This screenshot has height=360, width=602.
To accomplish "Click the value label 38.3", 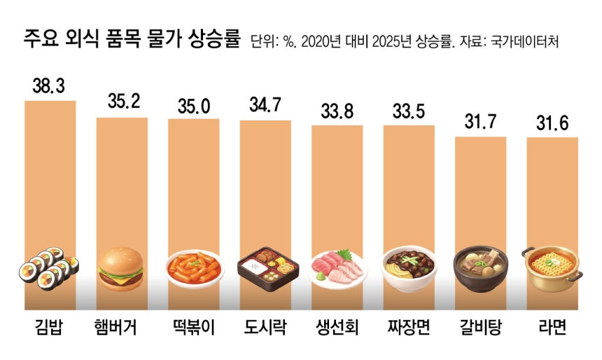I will [x=50, y=87].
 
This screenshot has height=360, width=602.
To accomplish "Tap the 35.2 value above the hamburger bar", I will [x=122, y=104].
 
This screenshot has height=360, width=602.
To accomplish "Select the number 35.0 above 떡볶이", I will [x=193, y=105].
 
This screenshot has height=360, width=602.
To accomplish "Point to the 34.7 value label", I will [x=265, y=106].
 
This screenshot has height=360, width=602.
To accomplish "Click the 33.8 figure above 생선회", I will [x=337, y=111].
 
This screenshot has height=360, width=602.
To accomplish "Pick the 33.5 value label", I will [x=409, y=112].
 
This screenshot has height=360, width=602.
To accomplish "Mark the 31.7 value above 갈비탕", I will [x=480, y=123].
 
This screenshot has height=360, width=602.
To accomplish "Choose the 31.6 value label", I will [x=552, y=123].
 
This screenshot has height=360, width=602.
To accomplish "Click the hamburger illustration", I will [x=120, y=268].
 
